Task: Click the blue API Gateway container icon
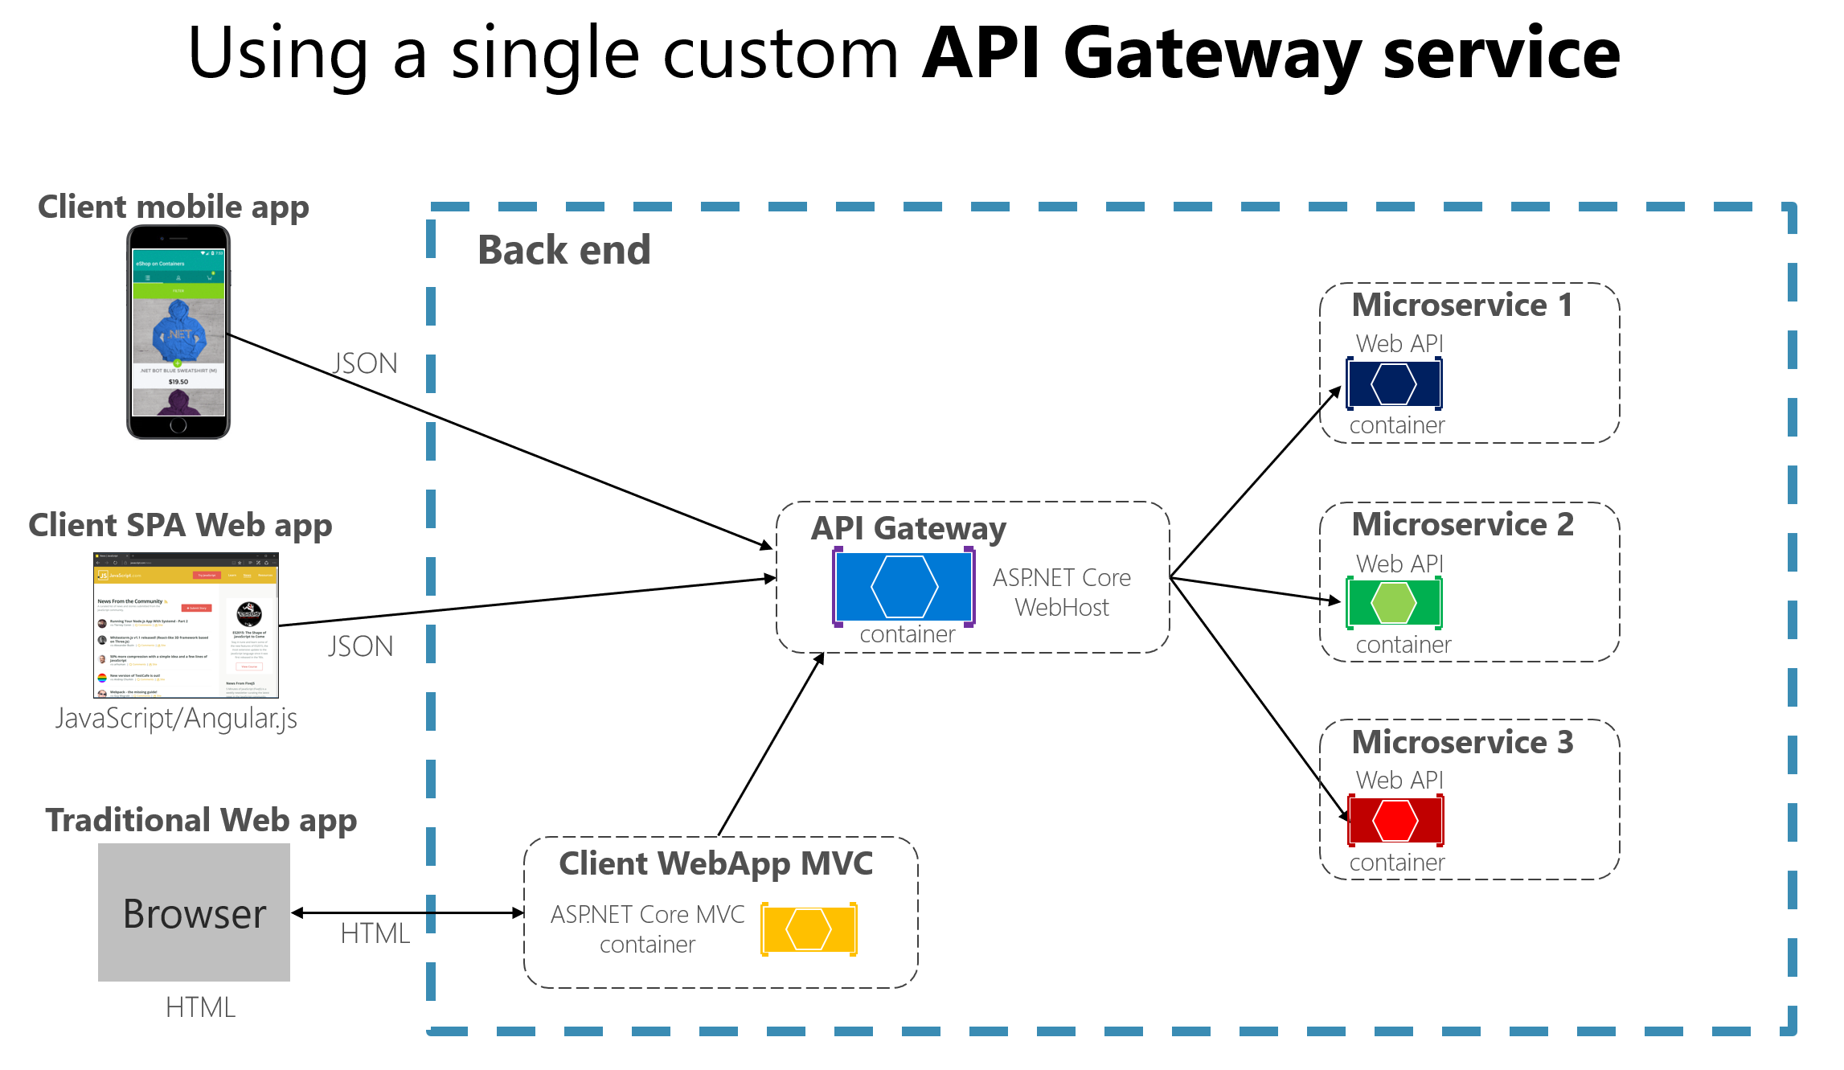904,586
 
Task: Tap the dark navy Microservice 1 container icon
1394,384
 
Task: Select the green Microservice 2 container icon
1394,602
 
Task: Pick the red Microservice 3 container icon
1395,820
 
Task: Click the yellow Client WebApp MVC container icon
809,929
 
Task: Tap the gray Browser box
194,912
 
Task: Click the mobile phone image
178,332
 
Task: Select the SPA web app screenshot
186,625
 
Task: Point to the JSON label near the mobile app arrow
365,363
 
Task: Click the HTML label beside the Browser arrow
375,933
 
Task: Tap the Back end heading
563,250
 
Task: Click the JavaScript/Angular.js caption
176,718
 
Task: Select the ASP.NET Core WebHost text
1061,592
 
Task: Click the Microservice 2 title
1462,524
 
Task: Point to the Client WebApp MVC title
715,863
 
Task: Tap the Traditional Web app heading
201,820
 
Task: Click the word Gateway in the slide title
1212,54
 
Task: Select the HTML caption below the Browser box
200,1007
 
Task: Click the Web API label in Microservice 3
1399,780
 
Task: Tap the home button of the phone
178,425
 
